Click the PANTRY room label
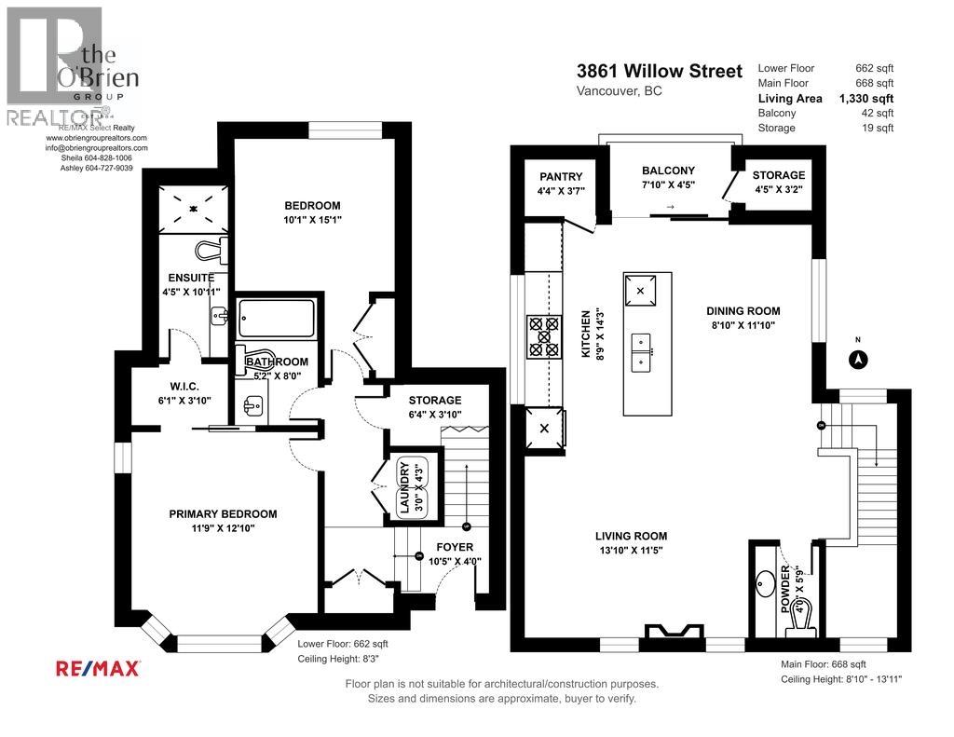[x=560, y=177]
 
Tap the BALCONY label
[x=668, y=171]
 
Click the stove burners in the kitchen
[x=544, y=336]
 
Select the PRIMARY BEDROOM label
[x=223, y=513]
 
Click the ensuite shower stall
[x=194, y=209]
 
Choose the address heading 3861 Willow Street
[x=660, y=72]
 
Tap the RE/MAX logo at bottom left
[x=99, y=668]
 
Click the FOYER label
[x=454, y=547]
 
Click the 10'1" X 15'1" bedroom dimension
[x=312, y=221]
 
